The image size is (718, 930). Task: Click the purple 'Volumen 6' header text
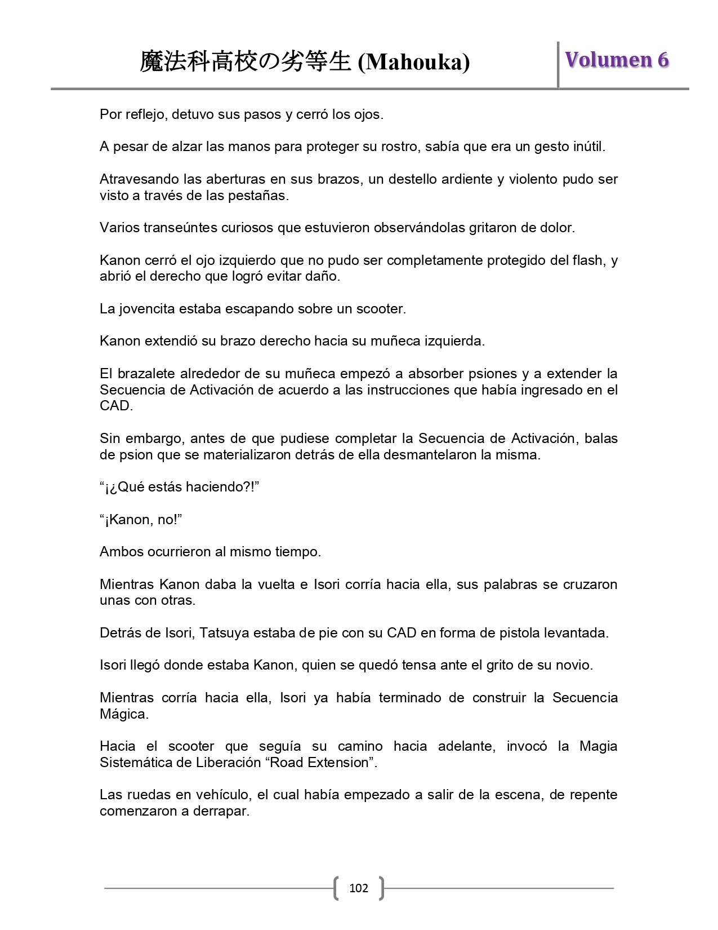617,60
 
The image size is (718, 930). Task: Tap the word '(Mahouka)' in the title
414,62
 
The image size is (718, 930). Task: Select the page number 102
359,888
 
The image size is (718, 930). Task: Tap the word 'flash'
589,260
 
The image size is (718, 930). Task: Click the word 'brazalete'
142,374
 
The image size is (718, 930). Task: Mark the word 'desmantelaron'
430,455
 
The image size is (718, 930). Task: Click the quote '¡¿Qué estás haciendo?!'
179,487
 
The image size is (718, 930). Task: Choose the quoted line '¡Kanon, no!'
141,520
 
